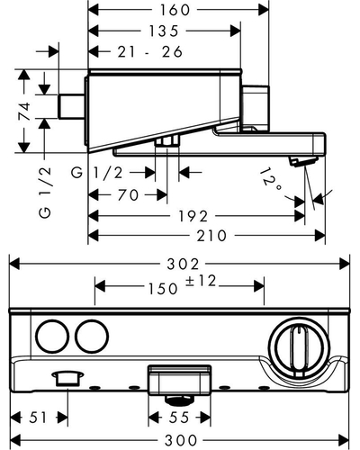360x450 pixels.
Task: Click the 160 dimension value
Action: coord(175,10)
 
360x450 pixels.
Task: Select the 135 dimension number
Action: coord(164,31)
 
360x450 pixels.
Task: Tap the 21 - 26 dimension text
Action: coord(150,51)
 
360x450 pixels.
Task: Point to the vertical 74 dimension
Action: coord(25,111)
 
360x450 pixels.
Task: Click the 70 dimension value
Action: coord(128,195)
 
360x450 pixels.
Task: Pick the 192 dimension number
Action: coord(193,216)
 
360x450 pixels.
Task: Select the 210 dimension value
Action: coord(211,236)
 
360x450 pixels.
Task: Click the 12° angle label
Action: coord(271,180)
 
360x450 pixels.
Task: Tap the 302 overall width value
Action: coord(183,264)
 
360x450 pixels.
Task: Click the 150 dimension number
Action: coord(163,289)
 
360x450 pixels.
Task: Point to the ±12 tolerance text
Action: coord(201,282)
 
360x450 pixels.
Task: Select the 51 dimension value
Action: coord(38,418)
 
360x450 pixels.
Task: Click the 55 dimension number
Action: coord(179,418)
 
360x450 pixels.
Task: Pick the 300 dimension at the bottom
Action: coord(181,440)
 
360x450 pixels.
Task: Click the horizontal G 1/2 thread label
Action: coord(97,173)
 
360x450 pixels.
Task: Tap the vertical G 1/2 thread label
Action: coord(45,193)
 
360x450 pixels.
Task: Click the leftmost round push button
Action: coord(52,336)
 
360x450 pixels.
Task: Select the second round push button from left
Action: coord(92,336)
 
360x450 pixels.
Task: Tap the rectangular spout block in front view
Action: coord(179,381)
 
